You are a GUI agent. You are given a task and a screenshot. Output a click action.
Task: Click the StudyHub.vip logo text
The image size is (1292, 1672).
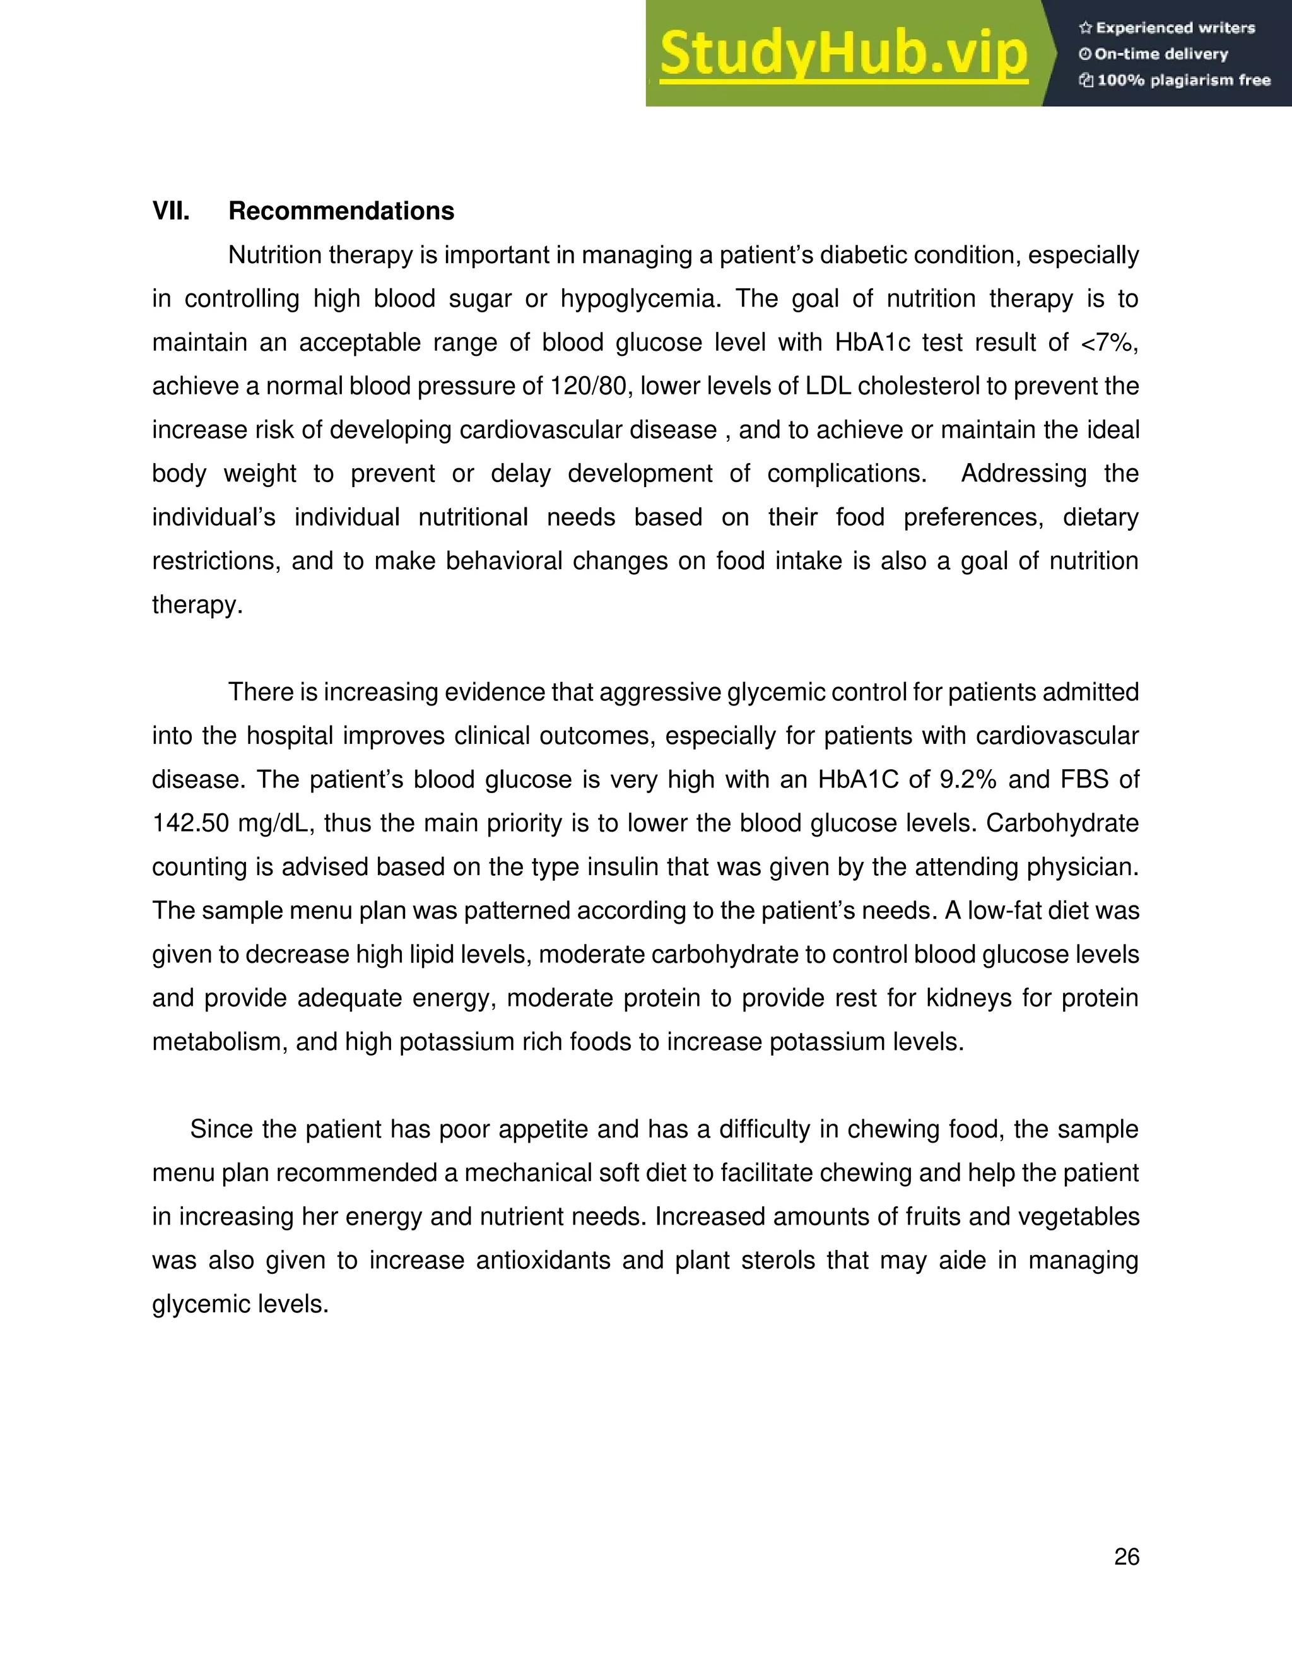tap(843, 54)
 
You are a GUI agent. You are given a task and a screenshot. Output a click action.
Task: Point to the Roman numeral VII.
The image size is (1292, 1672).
tap(171, 211)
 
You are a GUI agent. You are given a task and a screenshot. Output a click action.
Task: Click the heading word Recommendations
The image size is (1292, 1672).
tap(341, 211)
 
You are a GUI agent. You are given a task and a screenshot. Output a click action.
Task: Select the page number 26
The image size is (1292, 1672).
tap(1127, 1557)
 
